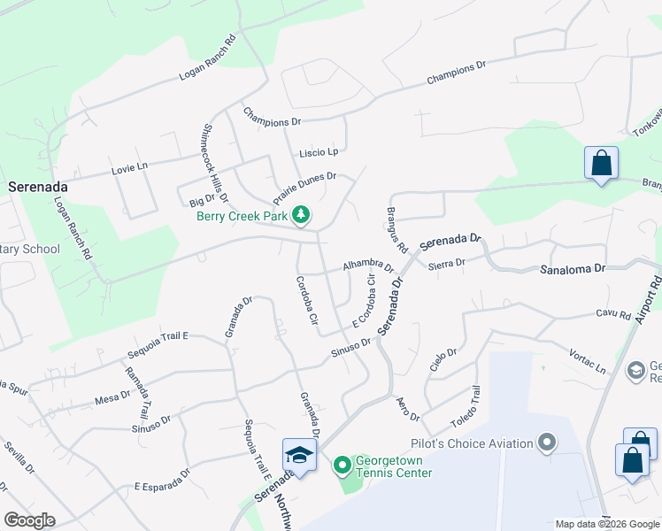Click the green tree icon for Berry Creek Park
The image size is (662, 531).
pos(301,215)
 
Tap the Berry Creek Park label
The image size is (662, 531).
pos(243,215)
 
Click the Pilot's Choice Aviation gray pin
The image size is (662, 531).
pos(548,442)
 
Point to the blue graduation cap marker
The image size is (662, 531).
pos(299,456)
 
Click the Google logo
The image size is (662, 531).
pos(29,520)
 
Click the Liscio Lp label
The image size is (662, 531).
pos(319,152)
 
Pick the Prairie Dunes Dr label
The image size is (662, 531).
pos(304,189)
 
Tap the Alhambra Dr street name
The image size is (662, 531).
pos(367,265)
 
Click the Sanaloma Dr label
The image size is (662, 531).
pos(573,267)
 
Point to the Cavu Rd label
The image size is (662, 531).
pos(612,313)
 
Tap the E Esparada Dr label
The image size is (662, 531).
pos(162,479)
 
